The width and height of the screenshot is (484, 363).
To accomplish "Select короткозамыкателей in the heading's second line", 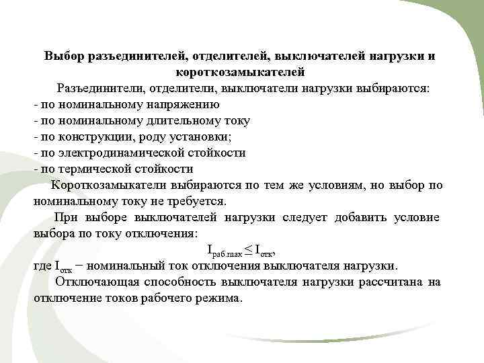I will (240, 72).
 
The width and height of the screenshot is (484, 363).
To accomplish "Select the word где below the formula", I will (42, 266).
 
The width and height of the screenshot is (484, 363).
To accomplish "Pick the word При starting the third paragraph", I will (67, 217).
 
